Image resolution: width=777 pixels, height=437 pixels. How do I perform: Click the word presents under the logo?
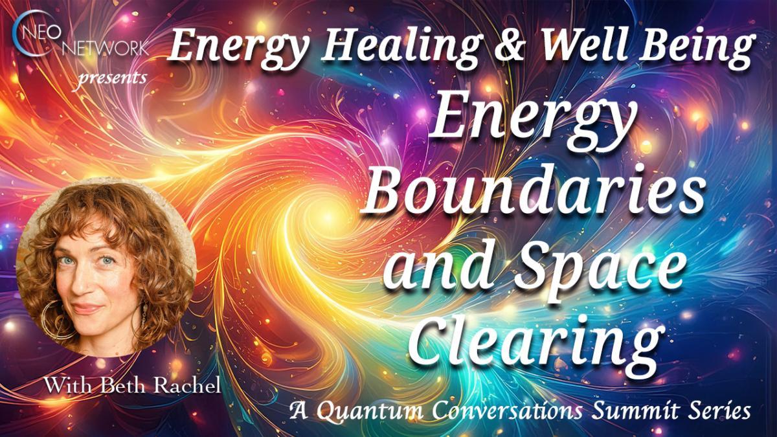[x=111, y=78]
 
